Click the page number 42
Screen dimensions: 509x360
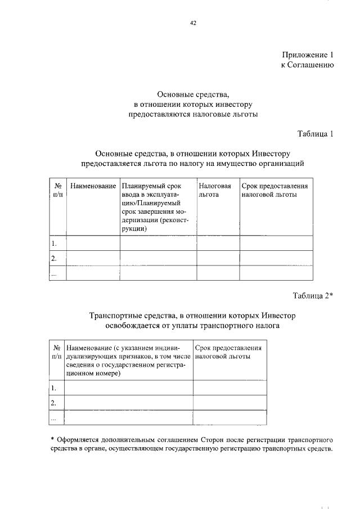tap(193, 23)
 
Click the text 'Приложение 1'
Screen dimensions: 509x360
tap(308, 55)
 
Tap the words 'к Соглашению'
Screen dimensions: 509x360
tap(308, 65)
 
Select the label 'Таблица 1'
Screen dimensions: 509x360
tap(316, 133)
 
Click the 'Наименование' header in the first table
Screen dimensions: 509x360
tap(93, 186)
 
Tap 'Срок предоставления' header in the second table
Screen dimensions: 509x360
tap(227, 352)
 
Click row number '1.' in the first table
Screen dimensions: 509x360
tap(55, 244)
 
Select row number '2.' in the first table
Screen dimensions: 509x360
tap(55, 259)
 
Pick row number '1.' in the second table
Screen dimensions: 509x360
tap(54, 388)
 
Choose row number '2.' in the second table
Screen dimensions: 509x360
tap(54, 403)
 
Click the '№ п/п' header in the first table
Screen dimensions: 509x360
tap(57, 190)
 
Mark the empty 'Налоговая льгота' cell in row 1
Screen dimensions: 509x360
tap(218, 244)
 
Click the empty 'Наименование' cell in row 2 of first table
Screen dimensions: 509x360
tap(93, 259)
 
